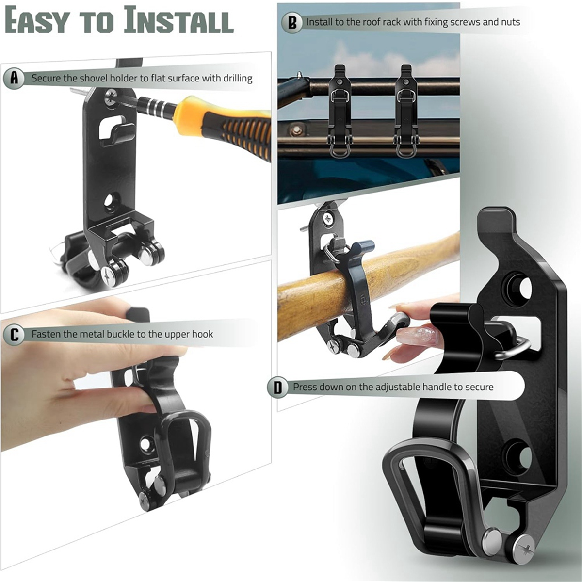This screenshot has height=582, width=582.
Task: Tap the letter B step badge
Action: click(x=292, y=22)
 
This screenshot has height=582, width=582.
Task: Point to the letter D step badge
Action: click(x=277, y=387)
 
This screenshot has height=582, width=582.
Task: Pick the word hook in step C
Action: click(x=202, y=334)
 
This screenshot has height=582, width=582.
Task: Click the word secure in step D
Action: click(x=479, y=387)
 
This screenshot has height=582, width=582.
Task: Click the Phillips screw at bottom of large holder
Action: click(x=524, y=549)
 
